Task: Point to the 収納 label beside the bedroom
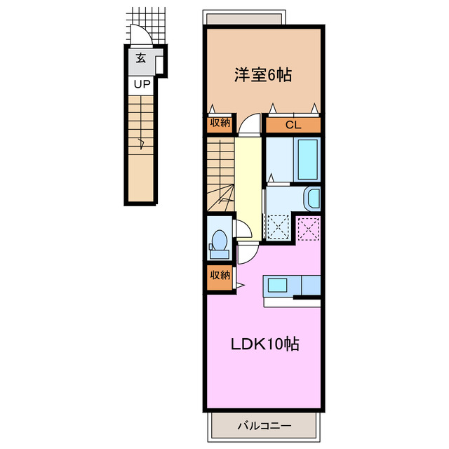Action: pos(220,123)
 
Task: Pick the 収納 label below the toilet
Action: pos(220,276)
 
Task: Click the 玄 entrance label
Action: pos(140,59)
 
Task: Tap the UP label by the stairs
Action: pos(142,85)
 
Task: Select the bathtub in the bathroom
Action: pos(308,159)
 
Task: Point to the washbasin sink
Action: pos(313,198)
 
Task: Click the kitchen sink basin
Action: pos(277,286)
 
